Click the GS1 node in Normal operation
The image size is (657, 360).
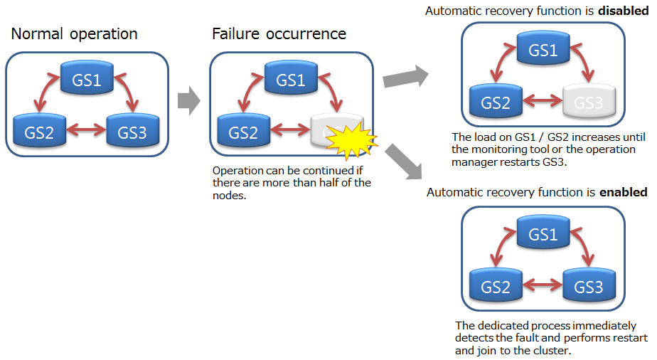click(87, 80)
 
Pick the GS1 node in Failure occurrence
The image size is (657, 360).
click(291, 79)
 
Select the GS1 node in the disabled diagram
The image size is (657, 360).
click(543, 51)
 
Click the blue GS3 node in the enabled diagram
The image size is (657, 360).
click(589, 287)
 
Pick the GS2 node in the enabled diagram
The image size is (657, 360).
click(496, 287)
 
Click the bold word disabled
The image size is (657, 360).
click(624, 11)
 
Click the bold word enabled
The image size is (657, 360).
click(624, 192)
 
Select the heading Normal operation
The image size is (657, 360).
click(75, 33)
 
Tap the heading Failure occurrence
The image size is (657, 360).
click(279, 33)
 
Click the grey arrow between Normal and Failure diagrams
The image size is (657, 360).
click(188, 102)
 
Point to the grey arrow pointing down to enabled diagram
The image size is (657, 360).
click(404, 161)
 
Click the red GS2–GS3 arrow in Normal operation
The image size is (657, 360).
click(86, 131)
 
